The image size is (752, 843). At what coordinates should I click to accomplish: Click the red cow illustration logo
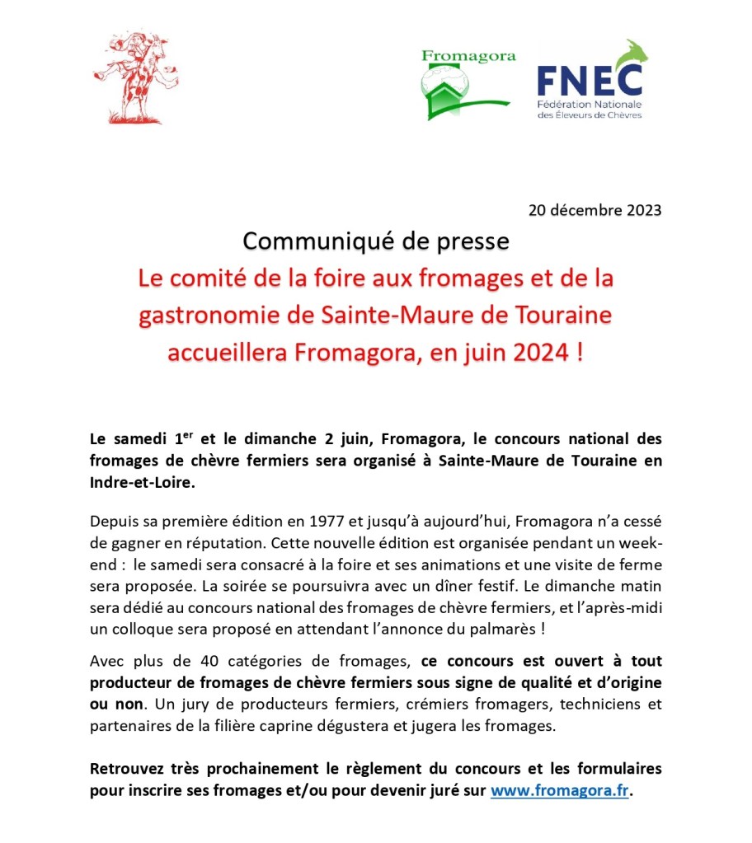[x=128, y=78]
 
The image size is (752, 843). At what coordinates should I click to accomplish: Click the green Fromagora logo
[x=468, y=83]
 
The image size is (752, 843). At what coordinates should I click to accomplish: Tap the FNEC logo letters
[x=590, y=79]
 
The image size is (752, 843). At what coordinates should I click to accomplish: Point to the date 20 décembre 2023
[x=595, y=209]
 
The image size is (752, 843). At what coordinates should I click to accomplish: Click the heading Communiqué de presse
[x=375, y=241]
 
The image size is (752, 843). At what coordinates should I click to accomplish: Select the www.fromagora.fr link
[x=560, y=790]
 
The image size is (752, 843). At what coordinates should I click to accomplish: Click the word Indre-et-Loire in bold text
[x=143, y=483]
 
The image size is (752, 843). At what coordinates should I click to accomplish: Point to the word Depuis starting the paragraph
[x=114, y=521]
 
